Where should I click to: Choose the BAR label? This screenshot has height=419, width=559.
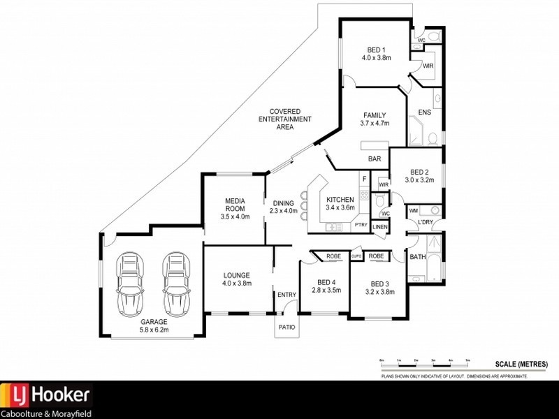click(x=375, y=159)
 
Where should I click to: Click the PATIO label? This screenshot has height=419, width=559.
click(x=286, y=327)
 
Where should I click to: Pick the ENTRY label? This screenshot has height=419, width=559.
click(x=286, y=295)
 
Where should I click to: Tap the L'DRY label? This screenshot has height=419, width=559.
click(x=426, y=222)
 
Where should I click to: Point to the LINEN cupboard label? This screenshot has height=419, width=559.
click(x=379, y=227)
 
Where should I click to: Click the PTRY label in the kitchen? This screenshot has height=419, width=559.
click(x=361, y=225)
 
